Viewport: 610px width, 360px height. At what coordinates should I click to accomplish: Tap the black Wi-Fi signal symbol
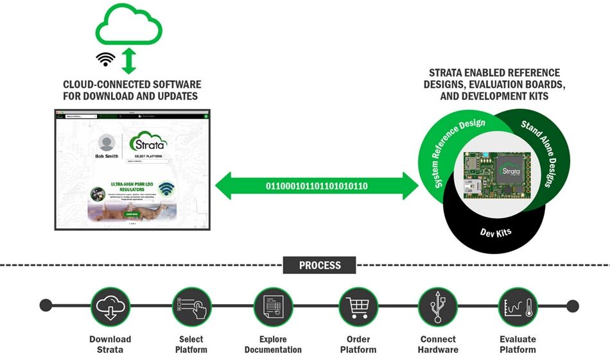106,59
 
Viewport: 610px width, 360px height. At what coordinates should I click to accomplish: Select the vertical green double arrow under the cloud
130,60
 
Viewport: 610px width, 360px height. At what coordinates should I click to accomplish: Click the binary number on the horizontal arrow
317,186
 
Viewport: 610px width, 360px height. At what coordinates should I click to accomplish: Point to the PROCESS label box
320,264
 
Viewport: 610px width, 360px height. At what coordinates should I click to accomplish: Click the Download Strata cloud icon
110,306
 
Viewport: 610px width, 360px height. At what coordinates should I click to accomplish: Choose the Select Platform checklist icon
191,306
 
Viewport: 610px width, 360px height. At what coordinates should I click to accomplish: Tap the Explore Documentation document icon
273,306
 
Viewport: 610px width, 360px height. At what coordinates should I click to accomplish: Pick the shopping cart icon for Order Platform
358,306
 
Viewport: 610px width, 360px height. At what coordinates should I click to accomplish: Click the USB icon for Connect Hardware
438,306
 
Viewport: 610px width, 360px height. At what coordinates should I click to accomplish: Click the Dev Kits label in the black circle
496,232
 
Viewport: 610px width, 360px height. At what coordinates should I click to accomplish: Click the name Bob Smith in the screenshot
107,156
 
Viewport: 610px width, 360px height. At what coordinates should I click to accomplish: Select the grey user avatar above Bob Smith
107,142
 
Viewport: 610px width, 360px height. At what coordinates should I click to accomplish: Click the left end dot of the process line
46,305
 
